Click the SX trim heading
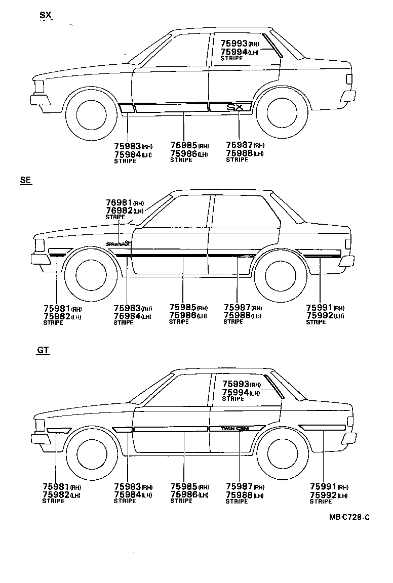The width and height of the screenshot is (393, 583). point(46,16)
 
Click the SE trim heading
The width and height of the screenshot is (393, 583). point(26,180)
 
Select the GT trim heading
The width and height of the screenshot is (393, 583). point(43,350)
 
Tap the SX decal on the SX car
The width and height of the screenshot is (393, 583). point(234,107)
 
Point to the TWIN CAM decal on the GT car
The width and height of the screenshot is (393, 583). point(235,428)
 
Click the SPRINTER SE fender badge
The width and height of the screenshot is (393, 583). point(119,243)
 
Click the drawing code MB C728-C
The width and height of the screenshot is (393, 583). point(349,517)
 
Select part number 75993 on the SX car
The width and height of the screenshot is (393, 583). point(234,44)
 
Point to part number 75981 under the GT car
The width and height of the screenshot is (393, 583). point(55,487)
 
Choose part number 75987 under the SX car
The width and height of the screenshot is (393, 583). point(239,145)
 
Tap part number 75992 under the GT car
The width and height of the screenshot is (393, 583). point(322,494)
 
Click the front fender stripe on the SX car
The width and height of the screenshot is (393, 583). point(126,108)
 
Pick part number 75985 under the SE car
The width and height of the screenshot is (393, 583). point(183,308)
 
